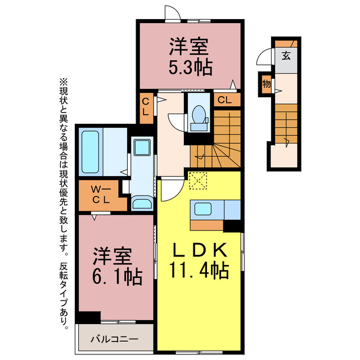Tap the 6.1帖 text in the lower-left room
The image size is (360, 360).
point(118,276)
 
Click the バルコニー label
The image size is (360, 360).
point(115,339)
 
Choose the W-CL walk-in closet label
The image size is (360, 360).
point(102,194)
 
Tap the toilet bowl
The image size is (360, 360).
point(199,115)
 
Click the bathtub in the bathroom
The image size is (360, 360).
point(91,152)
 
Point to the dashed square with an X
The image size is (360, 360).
point(199,181)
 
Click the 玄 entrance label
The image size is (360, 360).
point(286,56)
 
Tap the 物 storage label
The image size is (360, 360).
point(266,84)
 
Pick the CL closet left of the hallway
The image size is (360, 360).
point(146,107)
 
